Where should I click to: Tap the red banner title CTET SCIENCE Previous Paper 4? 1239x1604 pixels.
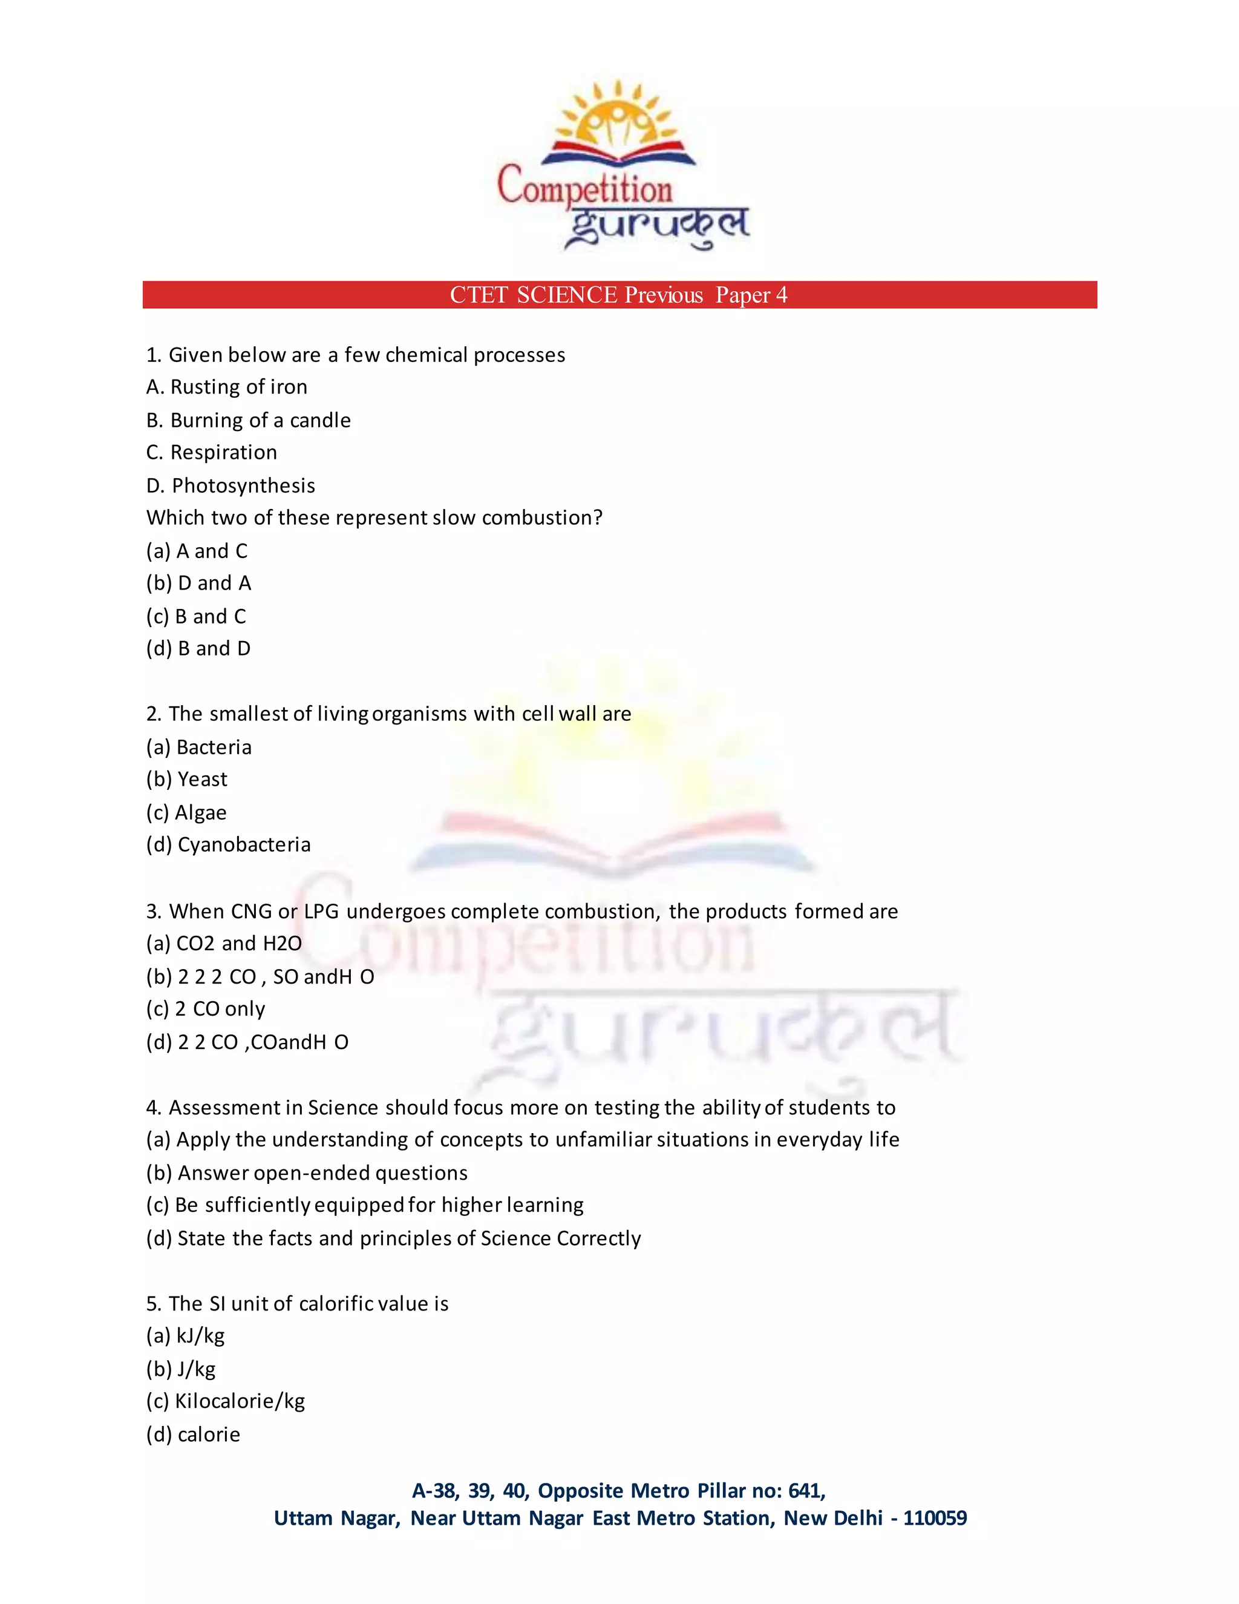[619, 295]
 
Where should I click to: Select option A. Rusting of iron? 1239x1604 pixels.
[227, 387]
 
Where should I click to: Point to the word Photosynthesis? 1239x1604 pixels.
[244, 485]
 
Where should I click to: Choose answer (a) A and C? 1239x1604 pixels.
[197, 551]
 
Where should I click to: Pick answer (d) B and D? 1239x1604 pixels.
[198, 648]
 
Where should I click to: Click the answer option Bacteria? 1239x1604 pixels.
[214, 747]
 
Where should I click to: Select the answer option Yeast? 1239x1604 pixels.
[203, 779]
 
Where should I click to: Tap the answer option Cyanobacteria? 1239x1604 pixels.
[244, 844]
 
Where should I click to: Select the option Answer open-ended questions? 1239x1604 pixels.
[322, 1173]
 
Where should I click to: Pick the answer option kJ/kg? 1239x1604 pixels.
[200, 1336]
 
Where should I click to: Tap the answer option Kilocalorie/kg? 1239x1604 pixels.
[240, 1401]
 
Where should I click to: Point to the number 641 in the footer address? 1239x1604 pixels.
[805, 1491]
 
